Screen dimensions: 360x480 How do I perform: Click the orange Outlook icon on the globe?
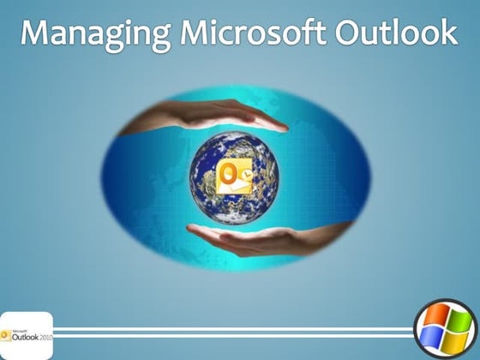(x=236, y=176)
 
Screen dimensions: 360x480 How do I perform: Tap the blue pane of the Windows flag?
(x=435, y=340)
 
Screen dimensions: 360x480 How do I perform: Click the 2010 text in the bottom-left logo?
(x=44, y=337)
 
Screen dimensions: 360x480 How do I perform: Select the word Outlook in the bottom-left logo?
(x=23, y=336)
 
